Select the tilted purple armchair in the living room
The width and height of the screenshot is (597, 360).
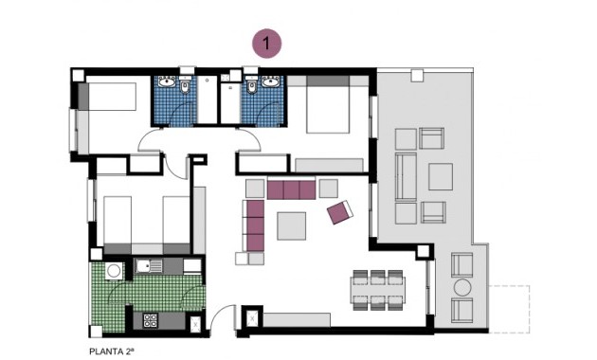[x=339, y=212]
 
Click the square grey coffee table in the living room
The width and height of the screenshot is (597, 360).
[x=291, y=225]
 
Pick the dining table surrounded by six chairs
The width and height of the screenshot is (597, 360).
[x=376, y=288]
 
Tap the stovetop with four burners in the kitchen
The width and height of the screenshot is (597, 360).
[x=150, y=321]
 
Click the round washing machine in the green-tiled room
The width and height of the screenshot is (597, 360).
[x=114, y=271]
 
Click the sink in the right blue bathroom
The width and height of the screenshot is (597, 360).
[x=253, y=87]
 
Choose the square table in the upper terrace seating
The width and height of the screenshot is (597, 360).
[x=442, y=176]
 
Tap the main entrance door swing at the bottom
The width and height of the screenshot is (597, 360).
[x=220, y=320]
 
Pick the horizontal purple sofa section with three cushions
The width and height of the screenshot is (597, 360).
[x=292, y=189]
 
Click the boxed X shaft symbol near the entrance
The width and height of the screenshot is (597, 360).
[x=252, y=318]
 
